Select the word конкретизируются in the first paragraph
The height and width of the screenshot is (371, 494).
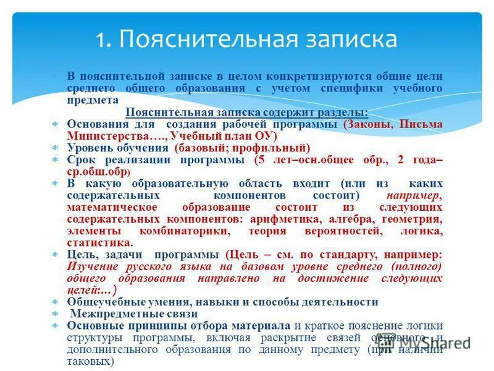pos(312,77)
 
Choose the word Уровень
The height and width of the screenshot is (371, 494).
pos(88,148)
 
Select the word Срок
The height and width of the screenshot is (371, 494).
pos(82,160)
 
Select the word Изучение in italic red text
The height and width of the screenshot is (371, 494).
pos(92,267)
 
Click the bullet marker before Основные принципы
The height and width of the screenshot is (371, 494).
pos(55,326)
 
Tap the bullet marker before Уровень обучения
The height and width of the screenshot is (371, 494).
pos(55,148)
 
